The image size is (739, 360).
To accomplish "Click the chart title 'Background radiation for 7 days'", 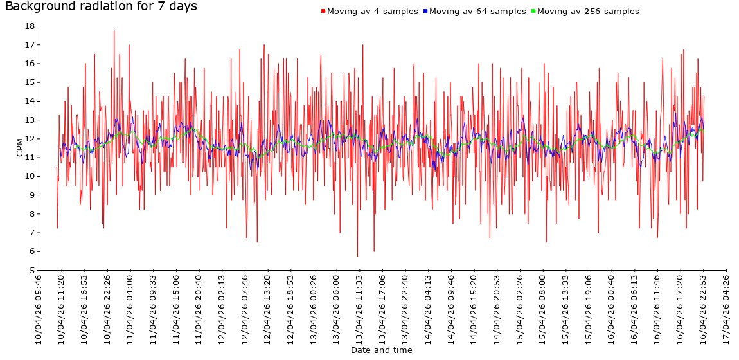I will (101, 7).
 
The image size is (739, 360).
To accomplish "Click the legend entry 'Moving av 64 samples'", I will (477, 12).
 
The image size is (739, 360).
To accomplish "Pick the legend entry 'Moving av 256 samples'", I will (588, 12).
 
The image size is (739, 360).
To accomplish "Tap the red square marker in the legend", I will (323, 12).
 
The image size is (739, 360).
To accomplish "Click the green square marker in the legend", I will (533, 12).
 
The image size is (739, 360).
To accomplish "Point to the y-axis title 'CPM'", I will (19, 147).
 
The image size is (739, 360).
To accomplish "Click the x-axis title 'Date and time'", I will (382, 350).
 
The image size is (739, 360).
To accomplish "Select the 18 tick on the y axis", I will (30, 26).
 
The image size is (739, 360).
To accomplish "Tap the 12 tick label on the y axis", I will (30, 139).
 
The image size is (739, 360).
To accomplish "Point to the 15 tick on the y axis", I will (30, 82).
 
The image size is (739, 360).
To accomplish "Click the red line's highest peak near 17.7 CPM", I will (114, 31).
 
